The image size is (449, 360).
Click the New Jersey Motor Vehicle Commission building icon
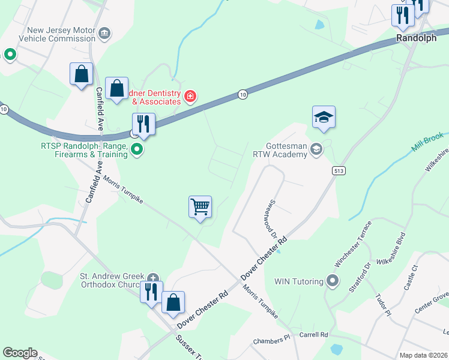pyautogui.click(x=104, y=33)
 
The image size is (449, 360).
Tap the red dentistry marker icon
pyautogui.click(x=190, y=96)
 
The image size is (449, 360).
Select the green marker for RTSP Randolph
pyautogui.click(x=137, y=149)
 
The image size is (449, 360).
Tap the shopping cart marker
pyautogui.click(x=200, y=208)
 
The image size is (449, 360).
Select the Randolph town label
pyautogui.click(x=416, y=38)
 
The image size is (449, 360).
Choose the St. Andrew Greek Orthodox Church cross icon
pyautogui.click(x=153, y=278)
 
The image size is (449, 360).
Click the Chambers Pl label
pyautogui.click(x=271, y=340)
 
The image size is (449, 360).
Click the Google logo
pyautogui.click(x=20, y=353)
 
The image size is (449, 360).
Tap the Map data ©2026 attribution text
pyautogui.click(x=424, y=355)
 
